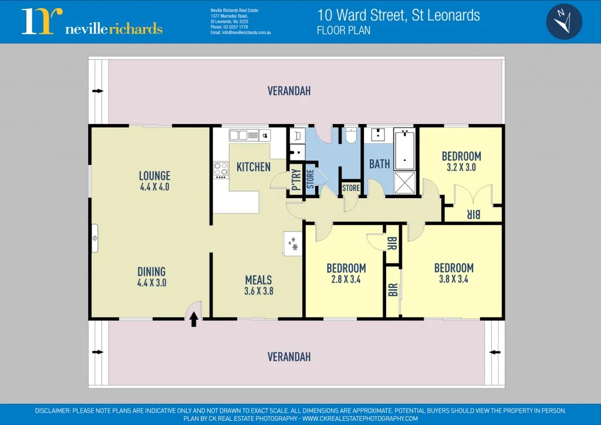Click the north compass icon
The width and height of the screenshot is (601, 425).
point(564,21)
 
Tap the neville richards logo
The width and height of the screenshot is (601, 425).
point(92,22)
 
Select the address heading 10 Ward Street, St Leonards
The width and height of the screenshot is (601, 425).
point(399,15)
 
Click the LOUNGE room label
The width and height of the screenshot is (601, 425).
point(154,176)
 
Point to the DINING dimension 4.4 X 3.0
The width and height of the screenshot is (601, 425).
point(151,283)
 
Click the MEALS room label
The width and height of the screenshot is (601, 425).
point(259,280)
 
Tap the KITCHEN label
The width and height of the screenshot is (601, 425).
point(254,167)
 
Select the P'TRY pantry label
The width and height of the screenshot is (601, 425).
point(296,180)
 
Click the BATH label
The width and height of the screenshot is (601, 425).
point(380,164)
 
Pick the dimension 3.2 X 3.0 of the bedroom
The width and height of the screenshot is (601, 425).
point(461,168)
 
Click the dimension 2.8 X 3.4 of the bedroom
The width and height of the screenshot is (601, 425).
point(346,280)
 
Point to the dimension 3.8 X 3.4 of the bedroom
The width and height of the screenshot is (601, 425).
point(454,279)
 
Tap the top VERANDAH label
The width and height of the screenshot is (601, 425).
point(289,91)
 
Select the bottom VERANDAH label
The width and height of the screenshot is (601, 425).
point(289,357)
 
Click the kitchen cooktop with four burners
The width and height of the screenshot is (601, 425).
point(221,170)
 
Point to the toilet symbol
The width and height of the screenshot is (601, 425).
point(352,136)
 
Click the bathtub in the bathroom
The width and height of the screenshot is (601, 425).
point(405,150)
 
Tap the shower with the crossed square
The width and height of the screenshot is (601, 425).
point(404,183)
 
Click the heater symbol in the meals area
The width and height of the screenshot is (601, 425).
point(292,243)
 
